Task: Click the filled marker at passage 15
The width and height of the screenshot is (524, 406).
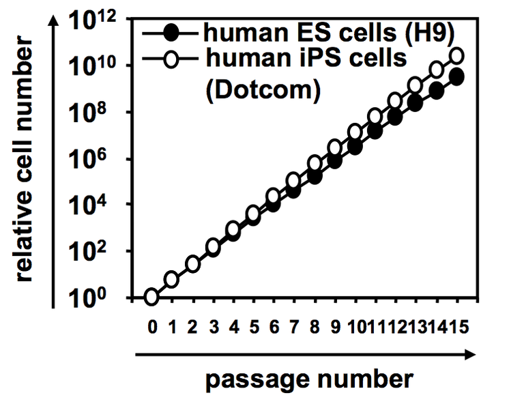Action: click(x=456, y=76)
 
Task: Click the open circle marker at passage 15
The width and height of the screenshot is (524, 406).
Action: click(x=456, y=55)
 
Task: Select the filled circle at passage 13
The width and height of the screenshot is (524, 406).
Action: click(x=415, y=103)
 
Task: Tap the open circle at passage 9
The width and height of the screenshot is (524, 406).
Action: click(x=334, y=147)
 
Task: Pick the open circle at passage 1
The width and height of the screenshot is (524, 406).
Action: click(x=171, y=280)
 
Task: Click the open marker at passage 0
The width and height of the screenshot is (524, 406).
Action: click(x=151, y=297)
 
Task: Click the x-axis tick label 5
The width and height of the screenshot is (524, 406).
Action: click(x=254, y=327)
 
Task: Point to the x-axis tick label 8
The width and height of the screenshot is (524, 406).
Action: click(x=315, y=327)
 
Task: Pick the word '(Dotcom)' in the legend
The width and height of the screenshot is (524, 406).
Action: click(x=263, y=90)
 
